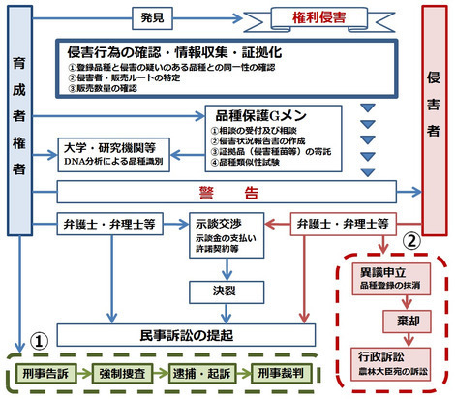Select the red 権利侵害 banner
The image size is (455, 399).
[x=310, y=16]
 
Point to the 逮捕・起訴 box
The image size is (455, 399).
[x=205, y=374]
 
